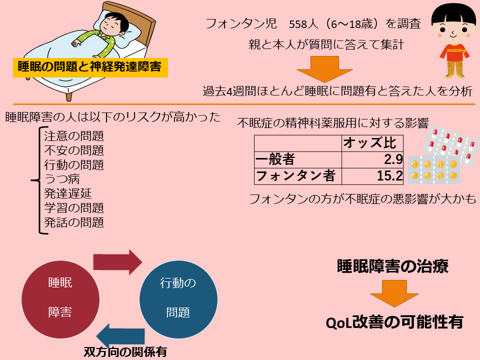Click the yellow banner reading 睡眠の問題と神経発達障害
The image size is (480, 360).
click(x=90, y=67)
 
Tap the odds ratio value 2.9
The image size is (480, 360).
click(x=393, y=159)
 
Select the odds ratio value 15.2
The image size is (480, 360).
click(x=389, y=176)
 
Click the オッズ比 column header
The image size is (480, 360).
click(x=369, y=143)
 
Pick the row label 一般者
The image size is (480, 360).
click(x=275, y=159)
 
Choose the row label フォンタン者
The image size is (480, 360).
click(x=295, y=176)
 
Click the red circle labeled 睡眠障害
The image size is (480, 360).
click(x=60, y=299)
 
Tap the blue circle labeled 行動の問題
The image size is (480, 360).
click(x=178, y=299)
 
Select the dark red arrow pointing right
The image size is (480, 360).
click(x=117, y=262)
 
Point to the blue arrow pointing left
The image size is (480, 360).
click(x=120, y=336)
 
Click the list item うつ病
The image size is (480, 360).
click(x=62, y=179)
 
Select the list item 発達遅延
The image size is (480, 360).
click(x=68, y=193)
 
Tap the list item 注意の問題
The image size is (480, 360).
click(x=74, y=136)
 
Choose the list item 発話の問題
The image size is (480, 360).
click(x=74, y=222)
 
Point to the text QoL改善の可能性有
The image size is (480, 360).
click(x=394, y=322)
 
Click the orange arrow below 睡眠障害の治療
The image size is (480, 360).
click(x=394, y=293)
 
